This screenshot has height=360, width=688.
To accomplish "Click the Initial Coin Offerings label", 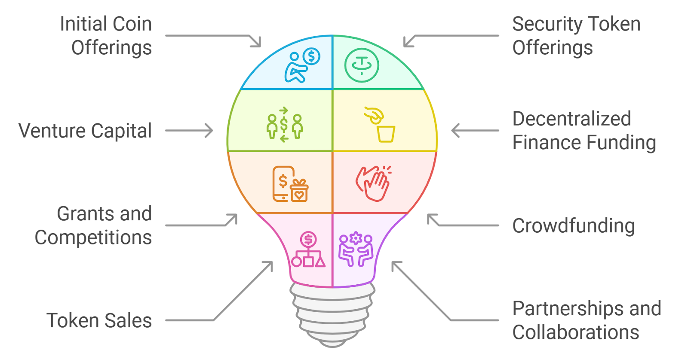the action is pyautogui.click(x=107, y=36).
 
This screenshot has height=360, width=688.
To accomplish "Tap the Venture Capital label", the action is pyautogui.click(x=86, y=131).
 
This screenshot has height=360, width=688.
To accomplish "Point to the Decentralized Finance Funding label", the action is pyautogui.click(x=584, y=131).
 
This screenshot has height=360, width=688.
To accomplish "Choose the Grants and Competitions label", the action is pyautogui.click(x=94, y=225).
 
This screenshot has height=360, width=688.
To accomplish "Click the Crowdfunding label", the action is pyautogui.click(x=573, y=226).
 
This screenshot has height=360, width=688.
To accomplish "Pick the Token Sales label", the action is pyautogui.click(x=99, y=320).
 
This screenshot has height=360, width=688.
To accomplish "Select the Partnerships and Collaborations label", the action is pyautogui.click(x=586, y=320).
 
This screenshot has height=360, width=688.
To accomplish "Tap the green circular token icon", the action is pyautogui.click(x=362, y=65).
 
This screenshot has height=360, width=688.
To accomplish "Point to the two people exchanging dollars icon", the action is pyautogui.click(x=284, y=125).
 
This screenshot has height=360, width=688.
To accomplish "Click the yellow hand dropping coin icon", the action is pyautogui.click(x=381, y=125).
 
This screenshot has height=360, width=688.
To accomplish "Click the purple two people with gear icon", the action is pyautogui.click(x=356, y=250).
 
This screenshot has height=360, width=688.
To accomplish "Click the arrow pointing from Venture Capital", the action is pyautogui.click(x=189, y=131).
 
